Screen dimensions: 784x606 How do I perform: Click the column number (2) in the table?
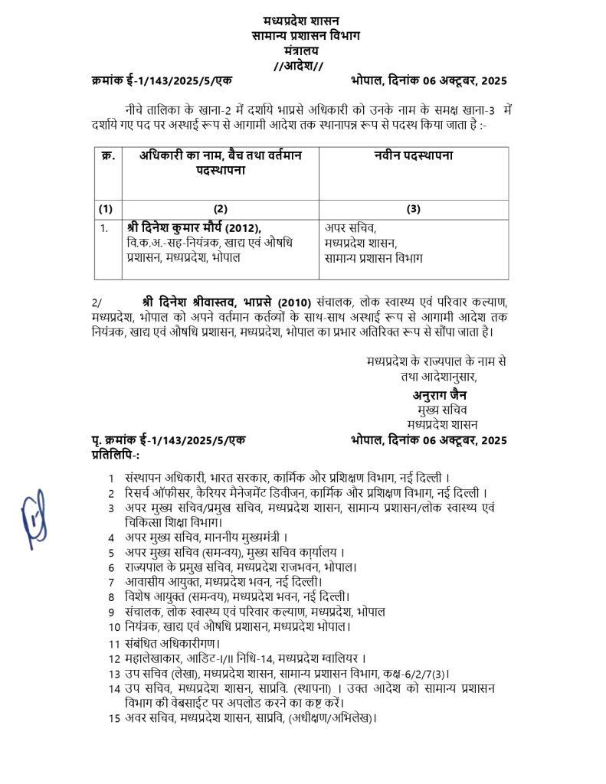click(x=220, y=207)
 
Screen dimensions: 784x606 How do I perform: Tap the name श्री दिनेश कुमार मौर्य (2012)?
click(x=195, y=227)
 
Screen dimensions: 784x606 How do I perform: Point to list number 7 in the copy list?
click(x=112, y=581)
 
